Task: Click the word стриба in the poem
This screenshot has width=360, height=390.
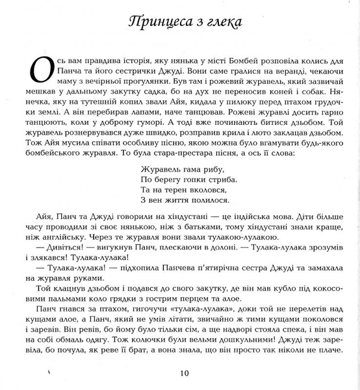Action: click(x=222, y=179)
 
